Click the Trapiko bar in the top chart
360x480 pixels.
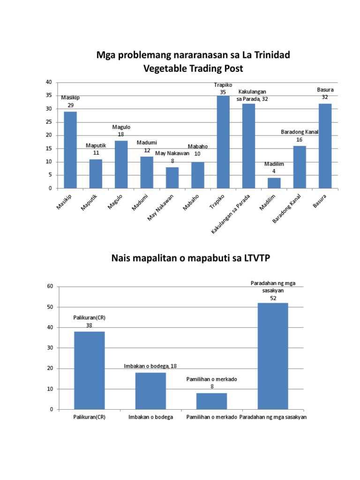[x=223, y=142]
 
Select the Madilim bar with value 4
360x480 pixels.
[x=274, y=183]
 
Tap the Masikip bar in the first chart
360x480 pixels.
[x=70, y=150]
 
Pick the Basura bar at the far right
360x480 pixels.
[x=325, y=146]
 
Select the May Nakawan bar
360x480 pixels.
[x=172, y=178]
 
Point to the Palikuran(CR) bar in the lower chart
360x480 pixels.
[x=90, y=370]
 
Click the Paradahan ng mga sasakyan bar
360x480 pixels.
[x=273, y=356]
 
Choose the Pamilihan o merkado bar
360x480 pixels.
[x=211, y=401]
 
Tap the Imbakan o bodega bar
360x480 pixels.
[x=150, y=391]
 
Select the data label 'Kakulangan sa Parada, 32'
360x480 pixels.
[x=253, y=95]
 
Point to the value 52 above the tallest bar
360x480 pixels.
[x=273, y=298]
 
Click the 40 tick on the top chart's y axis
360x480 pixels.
[x=48, y=82]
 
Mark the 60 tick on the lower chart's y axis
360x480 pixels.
[x=49, y=286]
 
